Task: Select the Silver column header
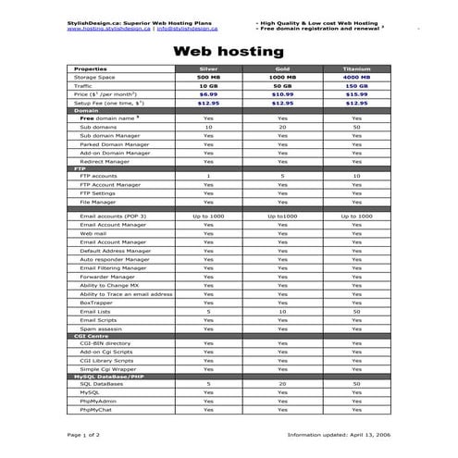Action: click(208, 69)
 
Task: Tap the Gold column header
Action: click(282, 69)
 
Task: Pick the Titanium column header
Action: click(356, 69)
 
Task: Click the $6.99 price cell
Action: click(208, 93)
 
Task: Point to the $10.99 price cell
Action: click(282, 93)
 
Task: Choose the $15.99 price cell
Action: click(356, 93)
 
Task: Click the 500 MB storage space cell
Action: click(208, 77)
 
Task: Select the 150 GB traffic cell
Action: click(356, 85)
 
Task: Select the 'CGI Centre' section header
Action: click(92, 335)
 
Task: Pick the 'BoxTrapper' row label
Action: click(97, 303)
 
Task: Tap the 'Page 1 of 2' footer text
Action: click(84, 433)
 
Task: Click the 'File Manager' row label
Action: click(98, 201)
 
